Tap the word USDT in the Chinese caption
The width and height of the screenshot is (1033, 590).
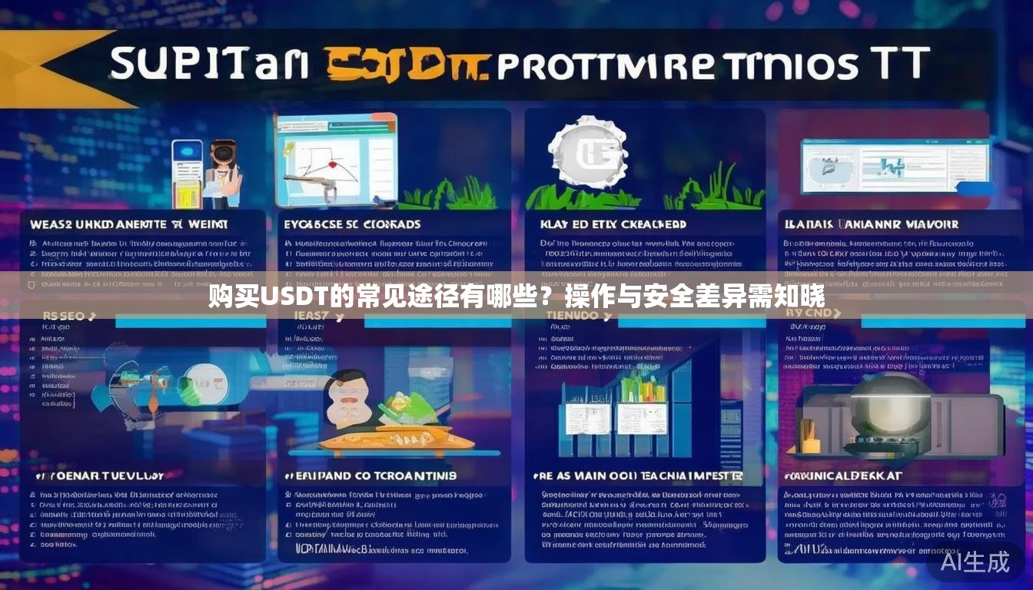(x=295, y=296)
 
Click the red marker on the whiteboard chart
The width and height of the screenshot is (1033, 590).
(x=333, y=164)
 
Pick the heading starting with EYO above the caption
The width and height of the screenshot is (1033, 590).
(x=352, y=224)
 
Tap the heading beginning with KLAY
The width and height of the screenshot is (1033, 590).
(x=613, y=224)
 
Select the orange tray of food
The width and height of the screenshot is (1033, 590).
(x=396, y=439)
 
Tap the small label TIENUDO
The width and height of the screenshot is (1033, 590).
(x=570, y=316)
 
